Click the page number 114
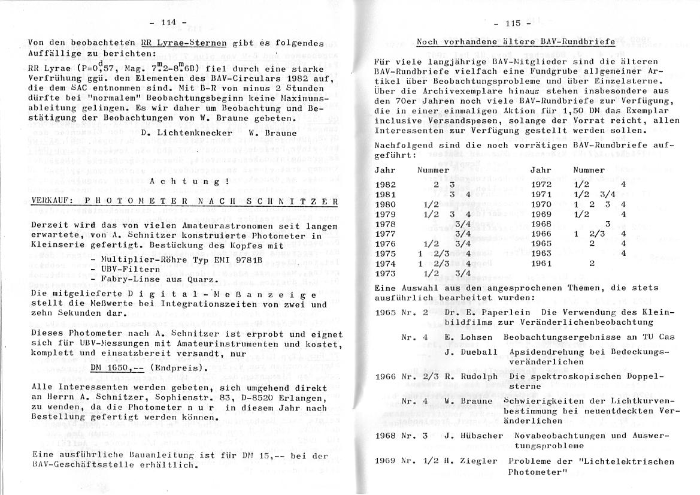tap(168, 22)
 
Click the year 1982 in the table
tap(386, 185)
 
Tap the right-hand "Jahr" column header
tap(541, 170)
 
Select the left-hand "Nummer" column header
tap(433, 170)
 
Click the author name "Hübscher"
tap(481, 435)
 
